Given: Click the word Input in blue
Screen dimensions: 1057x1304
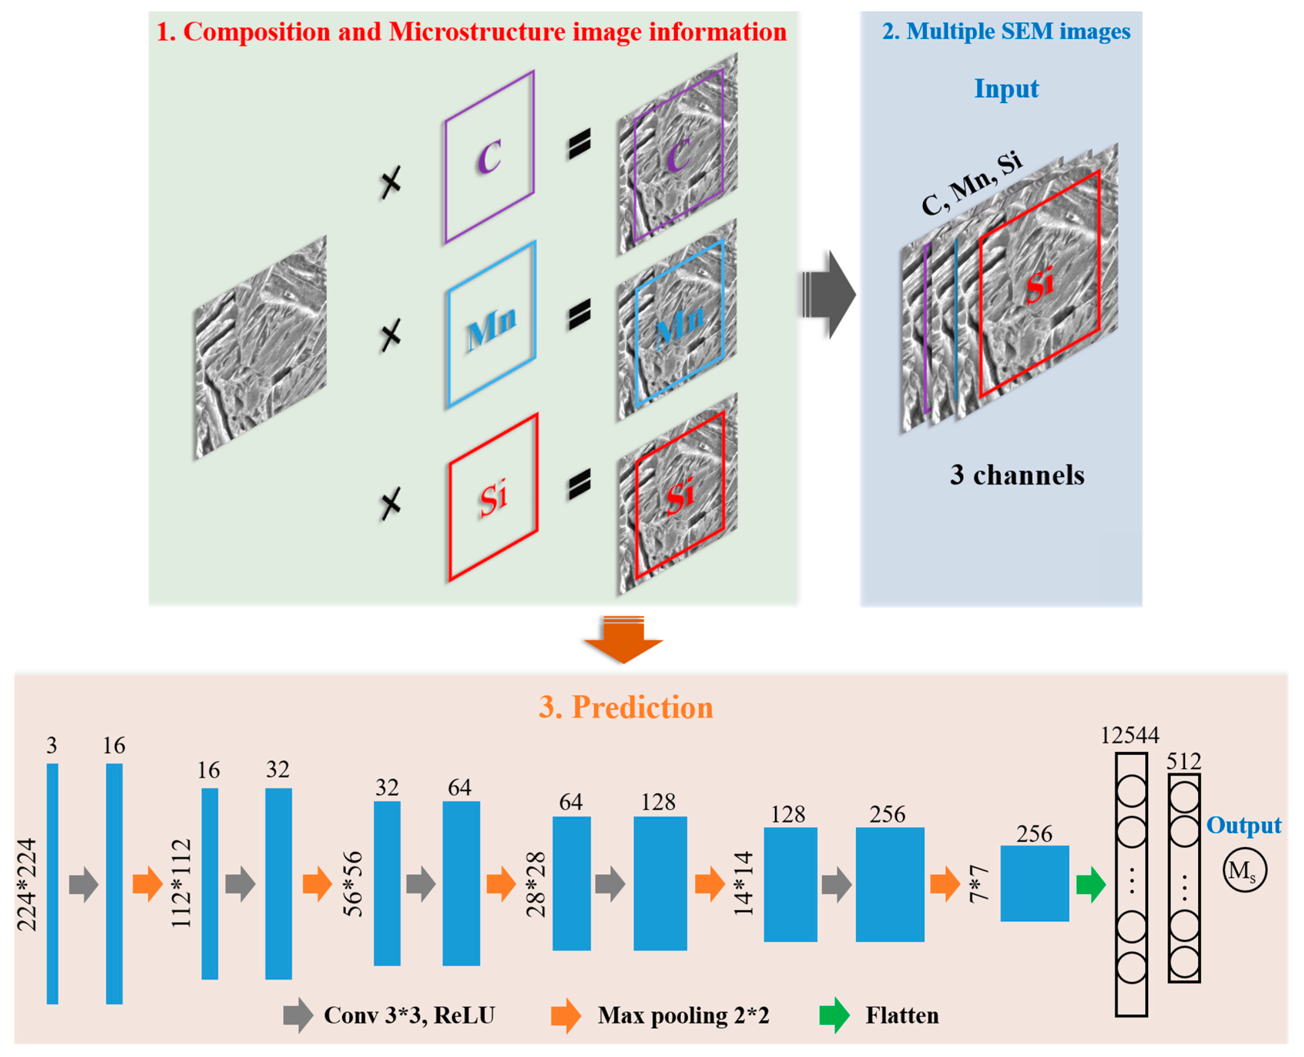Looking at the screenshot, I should (1006, 89).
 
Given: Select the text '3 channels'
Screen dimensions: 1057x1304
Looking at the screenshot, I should (1017, 476).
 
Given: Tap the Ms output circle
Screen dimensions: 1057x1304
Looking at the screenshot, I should (1244, 871).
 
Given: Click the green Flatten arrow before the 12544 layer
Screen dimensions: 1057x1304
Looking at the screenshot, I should (1090, 884).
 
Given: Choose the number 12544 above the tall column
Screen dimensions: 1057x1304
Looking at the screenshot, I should (1129, 735).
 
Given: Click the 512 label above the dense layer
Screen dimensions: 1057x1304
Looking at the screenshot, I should (1183, 761).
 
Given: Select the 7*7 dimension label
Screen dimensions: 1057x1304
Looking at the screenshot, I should (978, 884).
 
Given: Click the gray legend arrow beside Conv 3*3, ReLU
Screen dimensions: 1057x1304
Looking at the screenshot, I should (298, 1016).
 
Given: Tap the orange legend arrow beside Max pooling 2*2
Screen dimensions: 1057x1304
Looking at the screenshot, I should (566, 1016).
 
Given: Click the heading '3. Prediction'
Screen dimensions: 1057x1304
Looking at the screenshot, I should (626, 707).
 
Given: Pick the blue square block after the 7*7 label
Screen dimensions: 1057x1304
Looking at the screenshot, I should (1034, 884).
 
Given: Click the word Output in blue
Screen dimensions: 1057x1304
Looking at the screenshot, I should (1244, 826).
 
